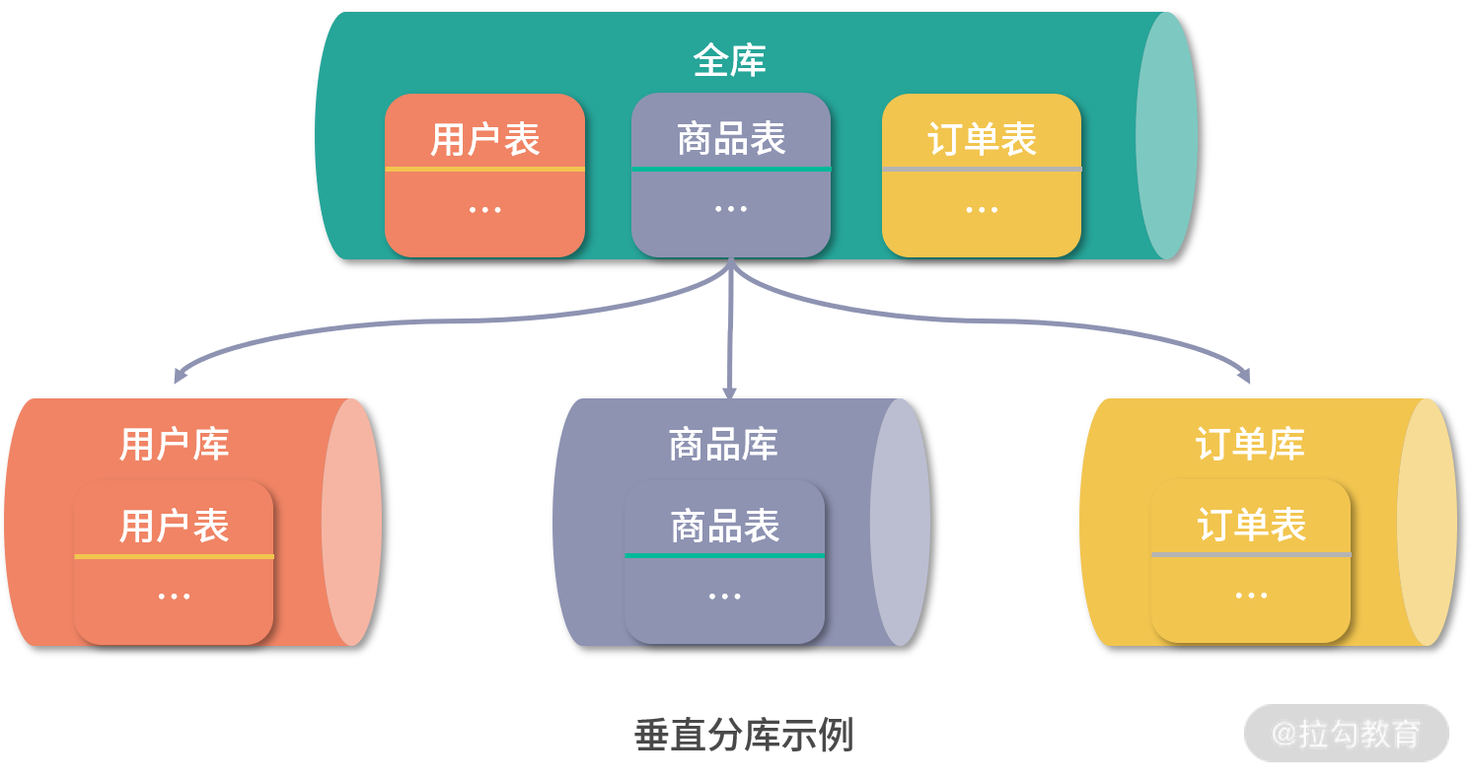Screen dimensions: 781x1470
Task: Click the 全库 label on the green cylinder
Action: [729, 61]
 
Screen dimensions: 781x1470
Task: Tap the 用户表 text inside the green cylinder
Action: [484, 139]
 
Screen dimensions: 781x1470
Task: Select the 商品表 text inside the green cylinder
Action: [731, 138]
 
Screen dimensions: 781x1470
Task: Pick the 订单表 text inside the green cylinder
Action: [982, 139]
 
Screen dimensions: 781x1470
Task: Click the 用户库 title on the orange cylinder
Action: [174, 444]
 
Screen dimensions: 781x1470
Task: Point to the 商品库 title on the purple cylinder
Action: [723, 444]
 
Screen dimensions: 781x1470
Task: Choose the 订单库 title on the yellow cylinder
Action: [1250, 444]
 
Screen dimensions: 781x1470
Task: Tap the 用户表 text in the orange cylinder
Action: [174, 526]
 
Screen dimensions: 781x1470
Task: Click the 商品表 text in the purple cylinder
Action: [725, 526]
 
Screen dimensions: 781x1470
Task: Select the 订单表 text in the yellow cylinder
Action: [1251, 525]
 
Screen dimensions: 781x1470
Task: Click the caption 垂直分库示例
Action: [743, 736]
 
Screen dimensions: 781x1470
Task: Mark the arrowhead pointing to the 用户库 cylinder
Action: [179, 376]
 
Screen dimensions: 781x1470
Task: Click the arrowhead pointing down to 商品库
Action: [729, 392]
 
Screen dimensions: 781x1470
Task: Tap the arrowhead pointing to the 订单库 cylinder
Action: [1245, 375]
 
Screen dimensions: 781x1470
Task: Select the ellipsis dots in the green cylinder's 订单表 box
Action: [982, 210]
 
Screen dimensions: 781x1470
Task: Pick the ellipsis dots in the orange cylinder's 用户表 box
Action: [174, 597]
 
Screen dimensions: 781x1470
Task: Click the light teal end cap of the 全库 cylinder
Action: [1167, 135]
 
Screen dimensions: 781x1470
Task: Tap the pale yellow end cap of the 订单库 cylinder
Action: [1428, 522]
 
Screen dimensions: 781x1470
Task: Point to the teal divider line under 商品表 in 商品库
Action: [724, 555]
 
